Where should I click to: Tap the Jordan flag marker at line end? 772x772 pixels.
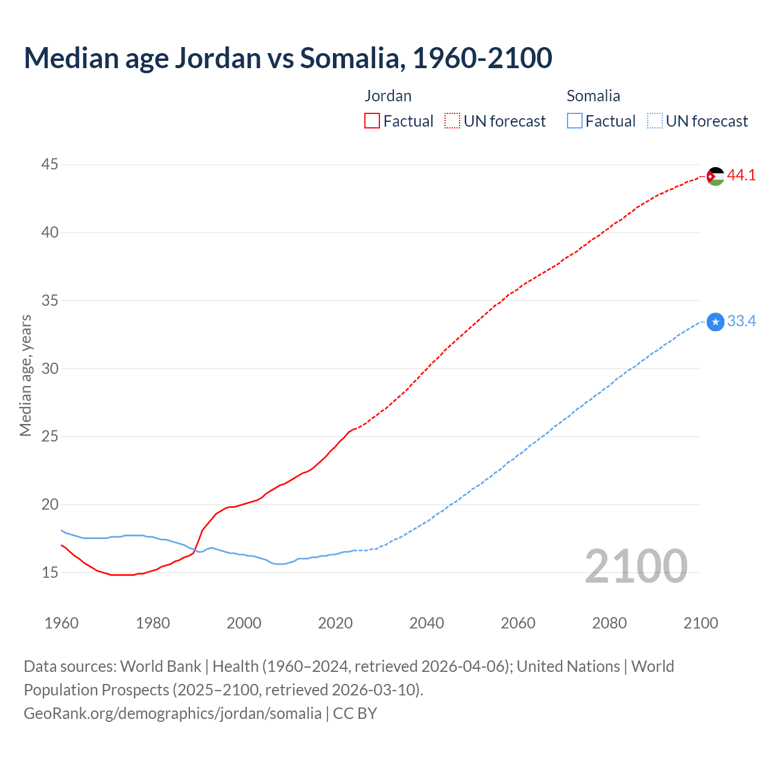click(715, 176)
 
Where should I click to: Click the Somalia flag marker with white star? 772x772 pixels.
click(715, 322)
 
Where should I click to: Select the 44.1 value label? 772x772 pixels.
click(741, 176)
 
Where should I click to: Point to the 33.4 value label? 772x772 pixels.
click(741, 321)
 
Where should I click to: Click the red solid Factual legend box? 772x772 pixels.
click(372, 121)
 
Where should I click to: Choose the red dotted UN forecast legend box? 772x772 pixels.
click(452, 121)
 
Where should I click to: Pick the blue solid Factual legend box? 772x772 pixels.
click(574, 121)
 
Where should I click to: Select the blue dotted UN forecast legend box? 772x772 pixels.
click(654, 121)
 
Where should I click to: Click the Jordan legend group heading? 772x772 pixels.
click(388, 96)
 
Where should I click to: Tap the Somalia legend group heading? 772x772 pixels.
click(593, 96)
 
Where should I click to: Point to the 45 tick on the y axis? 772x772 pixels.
click(50, 165)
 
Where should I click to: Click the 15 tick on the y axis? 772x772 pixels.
click(50, 572)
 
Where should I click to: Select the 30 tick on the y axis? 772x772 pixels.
click(50, 369)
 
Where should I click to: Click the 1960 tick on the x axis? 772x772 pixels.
click(62, 623)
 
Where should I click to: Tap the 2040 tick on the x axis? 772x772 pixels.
click(426, 623)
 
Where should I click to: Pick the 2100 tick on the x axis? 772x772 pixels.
click(700, 623)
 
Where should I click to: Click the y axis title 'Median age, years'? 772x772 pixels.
click(25, 375)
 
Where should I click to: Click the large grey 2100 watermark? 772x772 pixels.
click(636, 566)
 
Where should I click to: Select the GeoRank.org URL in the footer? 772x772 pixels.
click(172, 713)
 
